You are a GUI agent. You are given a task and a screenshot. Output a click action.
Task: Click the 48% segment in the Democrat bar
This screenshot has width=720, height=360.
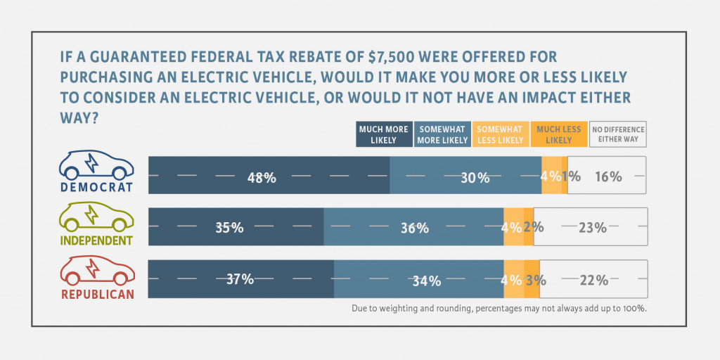pyautogui.click(x=269, y=175)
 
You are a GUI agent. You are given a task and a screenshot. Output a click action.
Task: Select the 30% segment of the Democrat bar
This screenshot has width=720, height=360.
pyautogui.click(x=465, y=175)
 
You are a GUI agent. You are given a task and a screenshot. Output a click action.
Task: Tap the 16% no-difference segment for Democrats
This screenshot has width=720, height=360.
pyautogui.click(x=607, y=175)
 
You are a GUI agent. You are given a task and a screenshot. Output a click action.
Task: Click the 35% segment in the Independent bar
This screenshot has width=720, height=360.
pyautogui.click(x=236, y=227)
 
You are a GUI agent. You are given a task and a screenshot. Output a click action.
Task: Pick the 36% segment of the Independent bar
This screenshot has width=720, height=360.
pyautogui.click(x=413, y=227)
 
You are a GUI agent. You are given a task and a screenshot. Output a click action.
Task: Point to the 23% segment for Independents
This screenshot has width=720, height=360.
pyautogui.click(x=591, y=227)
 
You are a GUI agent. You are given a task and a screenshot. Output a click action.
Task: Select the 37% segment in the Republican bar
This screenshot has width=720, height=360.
pyautogui.click(x=240, y=279)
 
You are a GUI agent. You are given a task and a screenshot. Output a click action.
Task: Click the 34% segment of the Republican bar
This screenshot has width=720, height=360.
pyautogui.click(x=419, y=279)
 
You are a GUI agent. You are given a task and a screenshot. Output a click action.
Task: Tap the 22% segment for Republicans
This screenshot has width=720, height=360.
pyautogui.click(x=593, y=279)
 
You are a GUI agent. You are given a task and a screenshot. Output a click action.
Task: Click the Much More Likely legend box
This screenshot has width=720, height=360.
pyautogui.click(x=382, y=134)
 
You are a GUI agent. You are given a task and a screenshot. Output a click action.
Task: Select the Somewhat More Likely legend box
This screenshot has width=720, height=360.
pyautogui.click(x=442, y=134)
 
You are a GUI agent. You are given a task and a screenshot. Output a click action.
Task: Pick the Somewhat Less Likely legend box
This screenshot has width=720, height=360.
pyautogui.click(x=500, y=134)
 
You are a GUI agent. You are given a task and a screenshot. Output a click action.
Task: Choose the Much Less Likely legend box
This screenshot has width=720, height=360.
pyautogui.click(x=558, y=134)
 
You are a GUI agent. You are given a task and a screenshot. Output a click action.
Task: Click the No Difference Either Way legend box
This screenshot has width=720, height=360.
pyautogui.click(x=617, y=134)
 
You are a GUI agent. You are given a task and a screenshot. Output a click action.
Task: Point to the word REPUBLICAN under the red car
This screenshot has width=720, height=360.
pyautogui.click(x=96, y=294)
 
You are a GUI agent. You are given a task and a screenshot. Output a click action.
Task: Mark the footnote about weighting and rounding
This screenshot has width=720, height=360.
pyautogui.click(x=499, y=308)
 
